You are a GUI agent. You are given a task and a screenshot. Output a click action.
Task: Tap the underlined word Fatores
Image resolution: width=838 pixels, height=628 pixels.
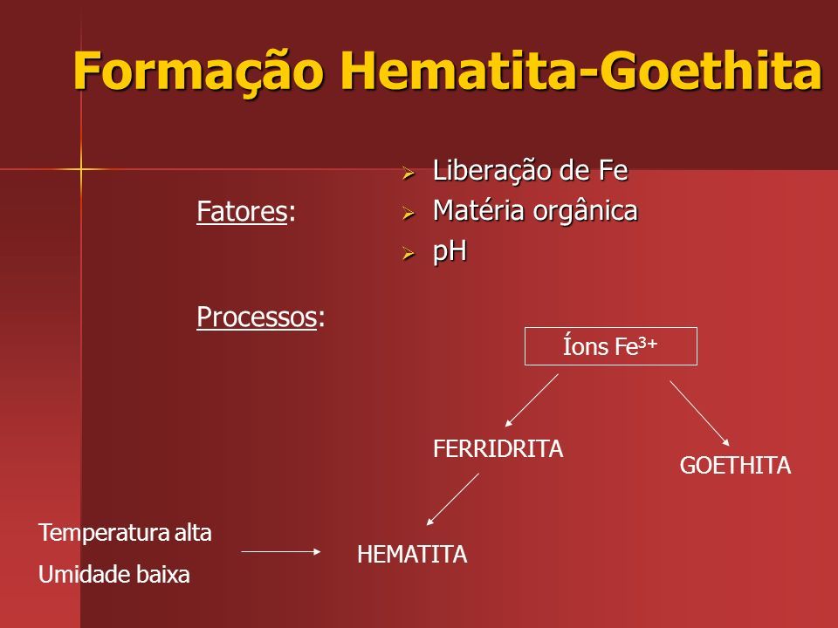pyautogui.click(x=242, y=211)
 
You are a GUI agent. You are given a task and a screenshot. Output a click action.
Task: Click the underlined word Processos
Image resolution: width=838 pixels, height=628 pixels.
pyautogui.click(x=257, y=317)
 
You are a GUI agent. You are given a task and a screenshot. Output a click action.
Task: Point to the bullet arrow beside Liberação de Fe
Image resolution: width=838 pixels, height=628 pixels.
pyautogui.click(x=409, y=173)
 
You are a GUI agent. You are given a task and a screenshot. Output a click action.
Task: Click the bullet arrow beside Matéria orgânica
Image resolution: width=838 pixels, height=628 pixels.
pyautogui.click(x=409, y=213)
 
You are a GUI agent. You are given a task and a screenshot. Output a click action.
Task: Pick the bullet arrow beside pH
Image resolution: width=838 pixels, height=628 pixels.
pyautogui.click(x=409, y=253)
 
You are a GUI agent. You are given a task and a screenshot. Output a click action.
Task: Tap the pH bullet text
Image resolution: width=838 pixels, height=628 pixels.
pyautogui.click(x=450, y=251)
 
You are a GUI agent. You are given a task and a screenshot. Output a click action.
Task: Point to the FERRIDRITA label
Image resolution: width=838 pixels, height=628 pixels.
pyautogui.click(x=498, y=448)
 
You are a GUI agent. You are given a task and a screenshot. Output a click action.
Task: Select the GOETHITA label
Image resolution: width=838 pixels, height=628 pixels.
pyautogui.click(x=735, y=465)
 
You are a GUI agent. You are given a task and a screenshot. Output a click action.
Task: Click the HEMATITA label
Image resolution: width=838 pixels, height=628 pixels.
pyautogui.click(x=412, y=555)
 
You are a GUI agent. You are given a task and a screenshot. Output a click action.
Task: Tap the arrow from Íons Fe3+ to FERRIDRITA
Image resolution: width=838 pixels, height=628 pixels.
pyautogui.click(x=532, y=400)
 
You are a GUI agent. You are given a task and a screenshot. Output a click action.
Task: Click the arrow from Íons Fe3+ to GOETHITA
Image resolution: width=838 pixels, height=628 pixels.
pyautogui.click(x=699, y=413)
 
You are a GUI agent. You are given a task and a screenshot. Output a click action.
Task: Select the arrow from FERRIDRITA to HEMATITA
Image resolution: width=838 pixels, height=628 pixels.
pyautogui.click(x=453, y=499)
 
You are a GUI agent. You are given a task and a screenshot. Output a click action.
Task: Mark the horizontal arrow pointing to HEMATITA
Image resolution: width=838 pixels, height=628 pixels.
pyautogui.click(x=281, y=551)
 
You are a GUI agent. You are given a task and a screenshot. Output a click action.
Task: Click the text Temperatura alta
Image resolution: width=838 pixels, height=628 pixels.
pyautogui.click(x=125, y=533)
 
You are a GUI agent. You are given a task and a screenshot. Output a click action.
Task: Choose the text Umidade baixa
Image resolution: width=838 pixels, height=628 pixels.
pyautogui.click(x=114, y=575)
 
